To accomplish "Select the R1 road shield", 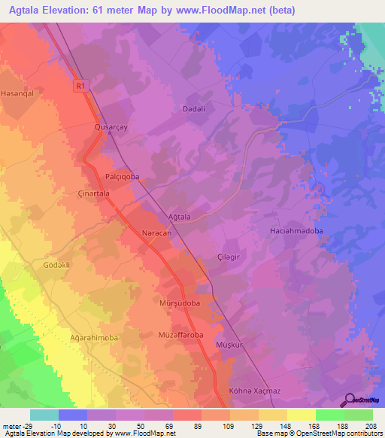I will coord(80,87).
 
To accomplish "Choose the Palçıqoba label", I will coord(122,176).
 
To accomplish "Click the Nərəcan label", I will coord(157,234).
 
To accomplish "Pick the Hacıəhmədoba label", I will coord(296,231).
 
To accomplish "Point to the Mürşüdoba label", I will coord(179,303).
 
